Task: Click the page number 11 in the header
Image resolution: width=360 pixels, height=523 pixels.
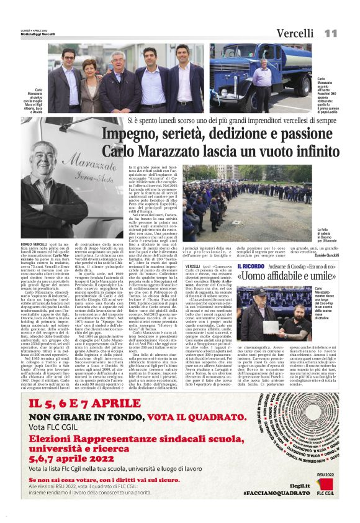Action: tap(331, 33)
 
